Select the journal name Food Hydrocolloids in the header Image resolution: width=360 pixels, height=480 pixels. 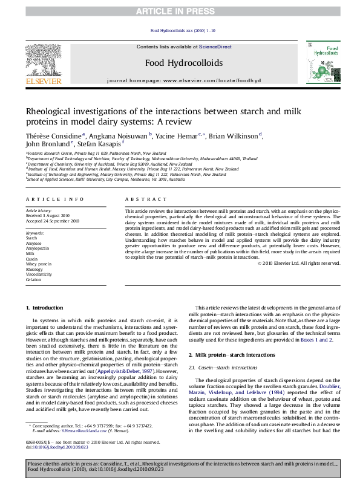[x=180, y=62]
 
